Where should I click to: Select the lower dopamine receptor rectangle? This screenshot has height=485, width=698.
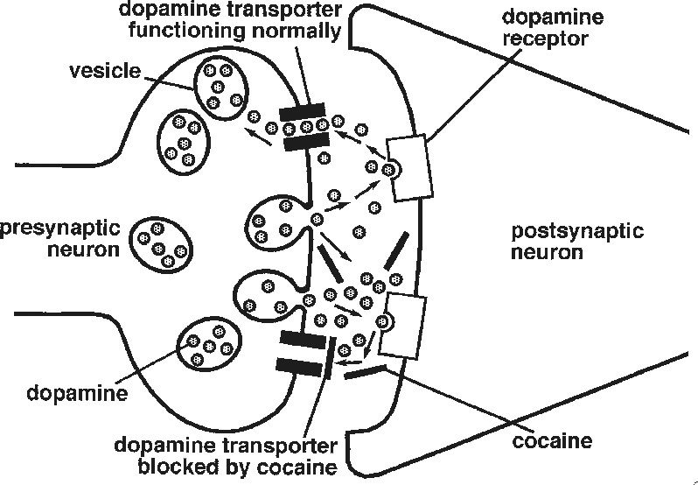406,326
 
